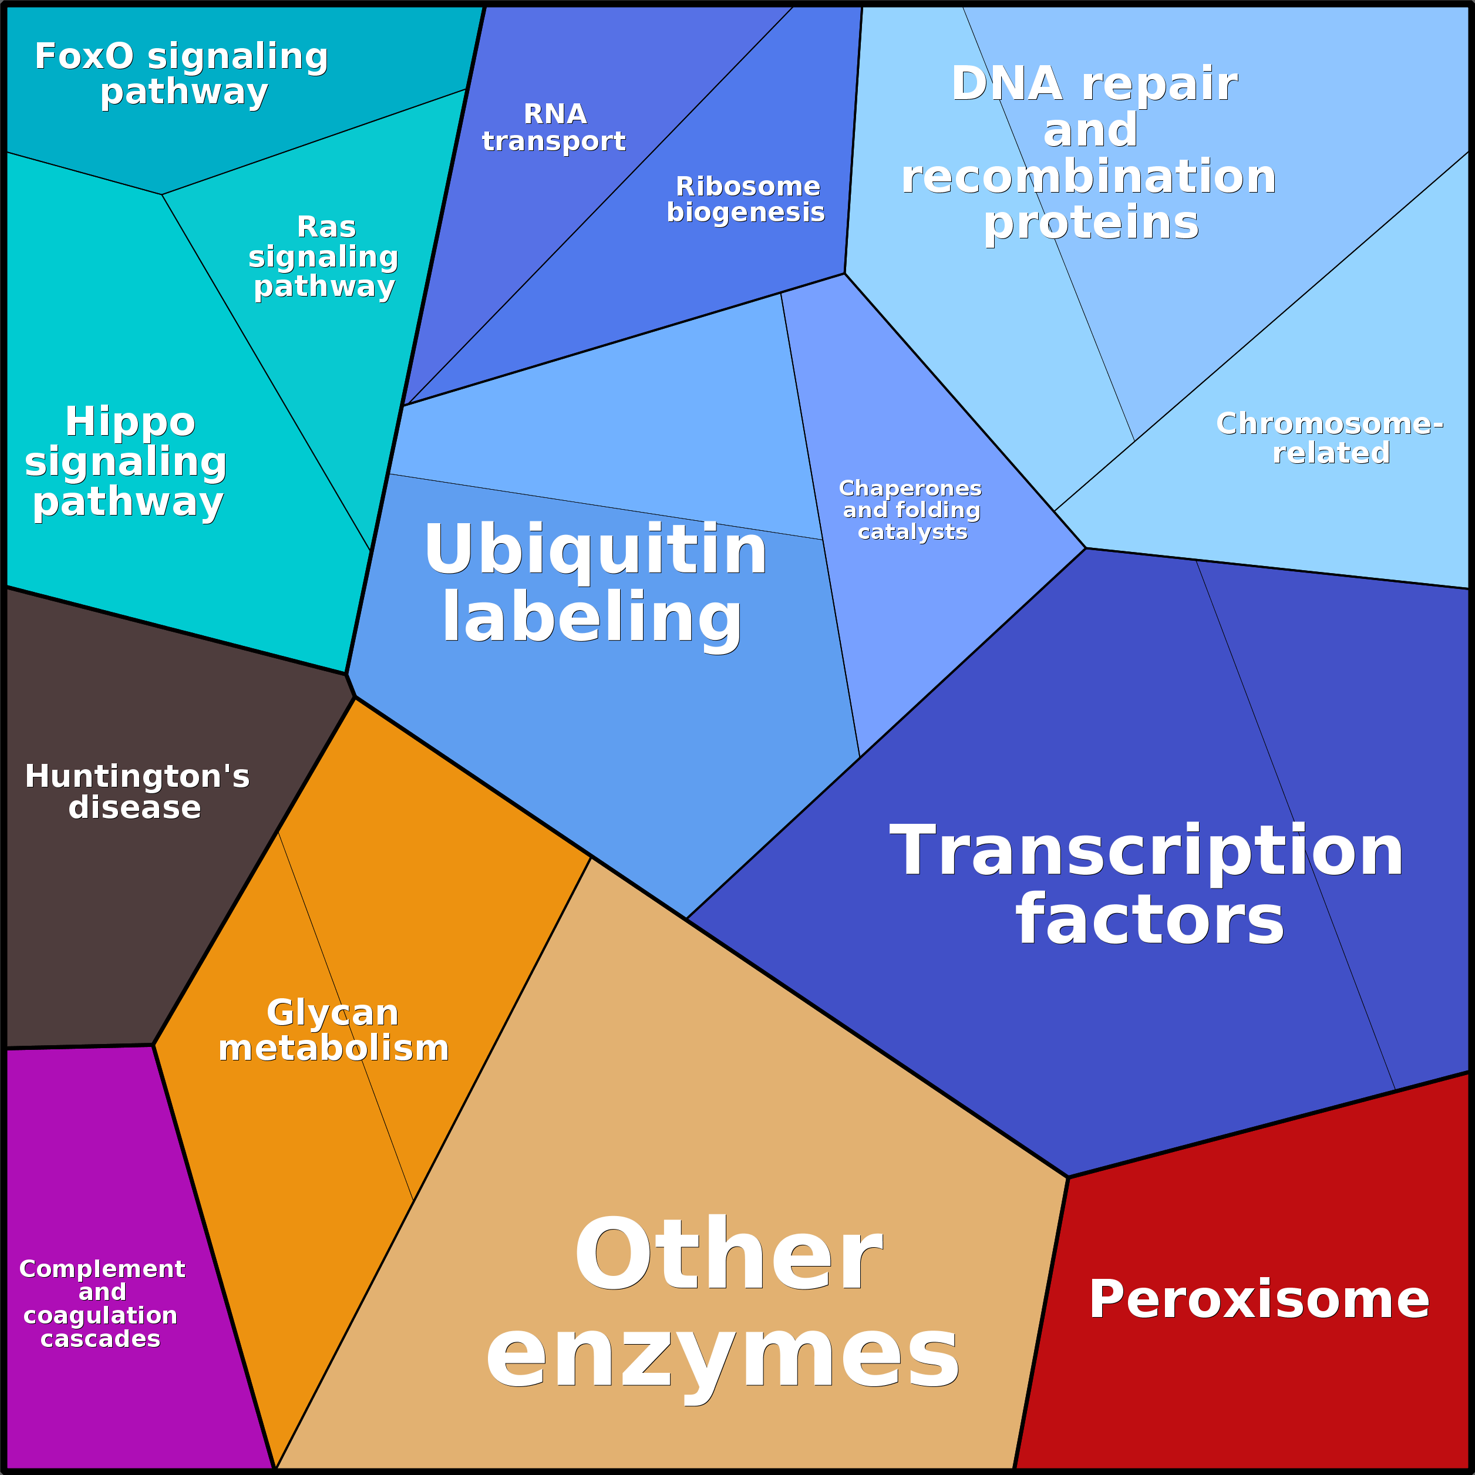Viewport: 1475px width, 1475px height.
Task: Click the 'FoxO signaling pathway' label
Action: point(181,74)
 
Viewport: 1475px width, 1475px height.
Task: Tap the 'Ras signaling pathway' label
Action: point(324,257)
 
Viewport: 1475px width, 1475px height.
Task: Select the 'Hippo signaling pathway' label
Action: point(127,462)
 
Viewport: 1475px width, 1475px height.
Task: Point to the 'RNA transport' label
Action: point(554,127)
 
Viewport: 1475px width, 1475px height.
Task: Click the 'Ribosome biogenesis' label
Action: point(746,199)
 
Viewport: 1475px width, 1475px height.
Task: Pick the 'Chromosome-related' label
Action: point(1330,437)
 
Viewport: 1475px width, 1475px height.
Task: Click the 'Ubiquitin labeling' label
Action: point(595,584)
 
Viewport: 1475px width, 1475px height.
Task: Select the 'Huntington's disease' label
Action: point(137,792)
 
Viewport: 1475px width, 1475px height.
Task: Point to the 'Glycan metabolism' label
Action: point(334,1031)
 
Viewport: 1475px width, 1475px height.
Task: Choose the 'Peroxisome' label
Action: point(1259,1299)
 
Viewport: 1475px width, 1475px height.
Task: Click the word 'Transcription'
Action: point(1147,850)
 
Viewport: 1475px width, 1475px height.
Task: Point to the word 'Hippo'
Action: point(130,423)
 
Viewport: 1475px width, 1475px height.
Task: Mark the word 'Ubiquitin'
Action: point(595,549)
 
